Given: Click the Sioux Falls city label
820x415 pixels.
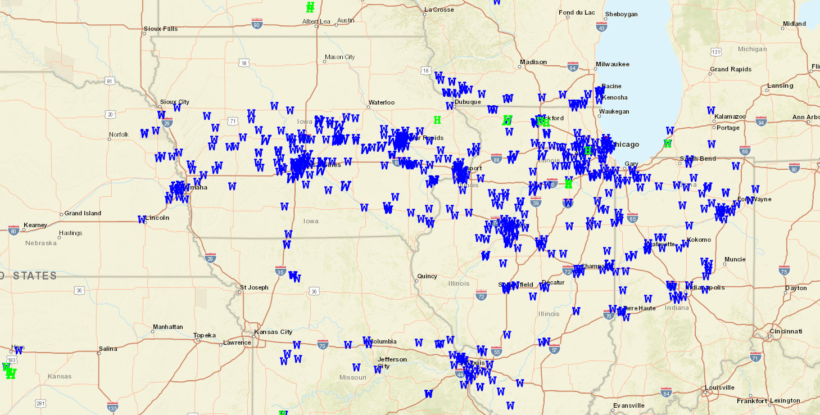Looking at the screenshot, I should click(x=161, y=29).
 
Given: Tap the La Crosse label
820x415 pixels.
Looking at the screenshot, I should click(x=438, y=10).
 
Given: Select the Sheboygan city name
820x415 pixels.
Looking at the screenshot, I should click(x=621, y=14).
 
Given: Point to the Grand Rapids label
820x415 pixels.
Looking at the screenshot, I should click(x=731, y=69).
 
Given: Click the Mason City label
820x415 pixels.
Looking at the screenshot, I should click(x=340, y=57).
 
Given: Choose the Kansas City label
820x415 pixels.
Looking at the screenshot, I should click(x=274, y=332).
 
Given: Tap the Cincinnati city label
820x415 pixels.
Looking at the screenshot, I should click(x=786, y=331).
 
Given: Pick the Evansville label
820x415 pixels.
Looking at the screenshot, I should click(x=628, y=405).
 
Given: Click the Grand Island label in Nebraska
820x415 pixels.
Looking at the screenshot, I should click(x=83, y=213).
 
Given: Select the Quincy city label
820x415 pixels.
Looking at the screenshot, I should click(x=427, y=276).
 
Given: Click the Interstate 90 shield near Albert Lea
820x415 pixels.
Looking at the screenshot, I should click(x=257, y=24).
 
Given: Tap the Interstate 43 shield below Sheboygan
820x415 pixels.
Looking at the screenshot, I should click(x=602, y=27).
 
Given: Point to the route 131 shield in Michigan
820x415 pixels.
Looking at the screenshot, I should click(x=716, y=52).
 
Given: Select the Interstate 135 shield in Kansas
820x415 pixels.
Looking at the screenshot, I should click(x=113, y=407).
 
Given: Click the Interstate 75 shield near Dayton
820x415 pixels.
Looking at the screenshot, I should click(x=785, y=270).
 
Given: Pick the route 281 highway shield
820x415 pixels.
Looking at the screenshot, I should click(x=40, y=403).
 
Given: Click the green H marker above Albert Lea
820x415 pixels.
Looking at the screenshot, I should click(x=310, y=8).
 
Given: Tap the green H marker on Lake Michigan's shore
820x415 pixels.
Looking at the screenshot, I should click(x=667, y=143).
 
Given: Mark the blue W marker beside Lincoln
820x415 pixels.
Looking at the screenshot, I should click(x=142, y=219).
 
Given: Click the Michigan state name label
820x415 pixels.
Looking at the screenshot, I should click(x=752, y=49).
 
